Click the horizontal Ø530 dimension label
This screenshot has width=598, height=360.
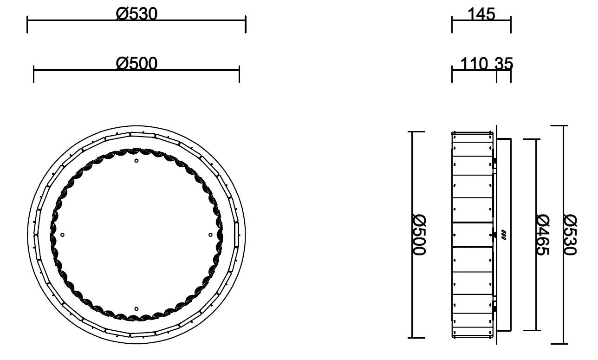(136, 14)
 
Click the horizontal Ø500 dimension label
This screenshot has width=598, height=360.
(136, 64)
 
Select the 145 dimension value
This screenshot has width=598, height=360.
(481, 14)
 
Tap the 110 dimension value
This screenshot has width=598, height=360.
(474, 64)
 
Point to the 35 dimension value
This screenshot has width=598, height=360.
(504, 64)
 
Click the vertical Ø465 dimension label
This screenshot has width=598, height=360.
(543, 235)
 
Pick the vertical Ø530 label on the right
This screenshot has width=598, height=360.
(570, 235)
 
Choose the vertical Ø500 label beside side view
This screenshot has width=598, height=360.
(419, 235)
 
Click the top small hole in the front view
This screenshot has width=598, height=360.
(136, 161)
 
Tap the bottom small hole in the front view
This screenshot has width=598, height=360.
(136, 309)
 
